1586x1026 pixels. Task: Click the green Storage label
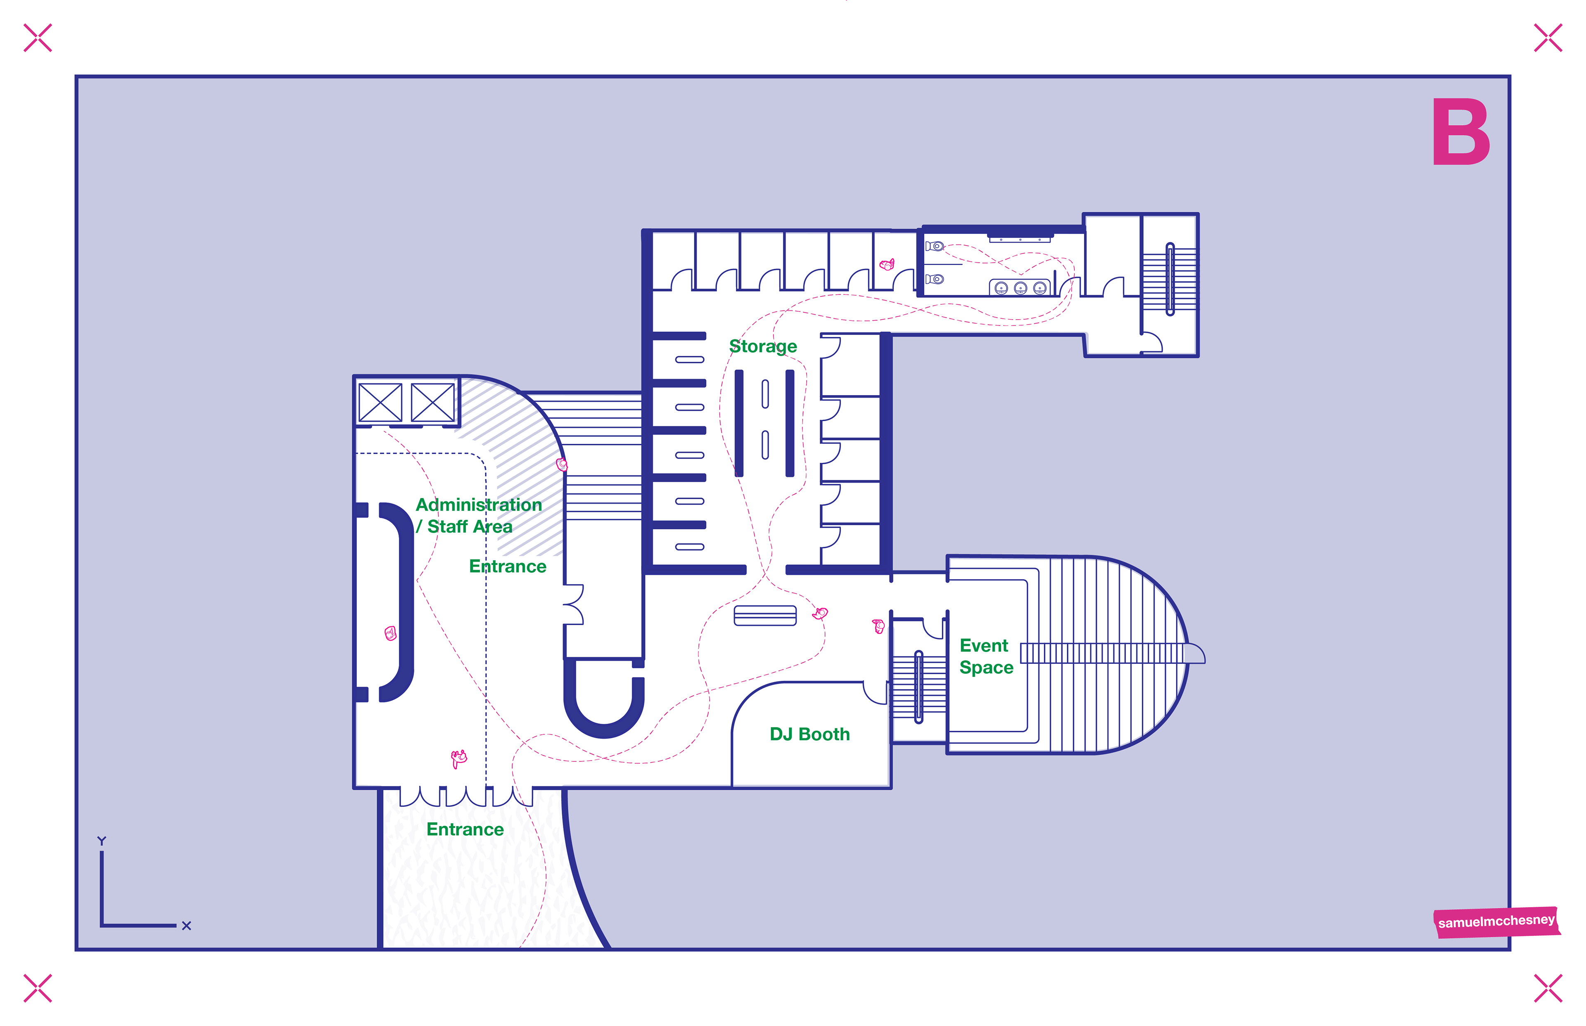763,346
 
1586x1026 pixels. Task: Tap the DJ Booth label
810,734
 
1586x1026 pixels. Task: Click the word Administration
478,505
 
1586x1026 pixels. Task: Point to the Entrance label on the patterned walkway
465,829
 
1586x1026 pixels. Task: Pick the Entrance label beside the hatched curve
508,566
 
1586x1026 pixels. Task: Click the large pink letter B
1461,132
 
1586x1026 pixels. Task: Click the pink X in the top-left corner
37,38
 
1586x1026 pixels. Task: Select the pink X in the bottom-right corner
1547,988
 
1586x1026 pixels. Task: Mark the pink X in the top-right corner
1547,38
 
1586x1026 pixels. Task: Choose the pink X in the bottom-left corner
37,988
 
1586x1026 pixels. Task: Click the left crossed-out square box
380,403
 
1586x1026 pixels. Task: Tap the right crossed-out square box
432,403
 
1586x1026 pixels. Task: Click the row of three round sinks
1020,288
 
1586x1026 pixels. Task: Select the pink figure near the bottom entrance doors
458,758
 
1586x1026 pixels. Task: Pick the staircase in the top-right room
1170,278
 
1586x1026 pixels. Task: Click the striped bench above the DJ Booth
765,615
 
